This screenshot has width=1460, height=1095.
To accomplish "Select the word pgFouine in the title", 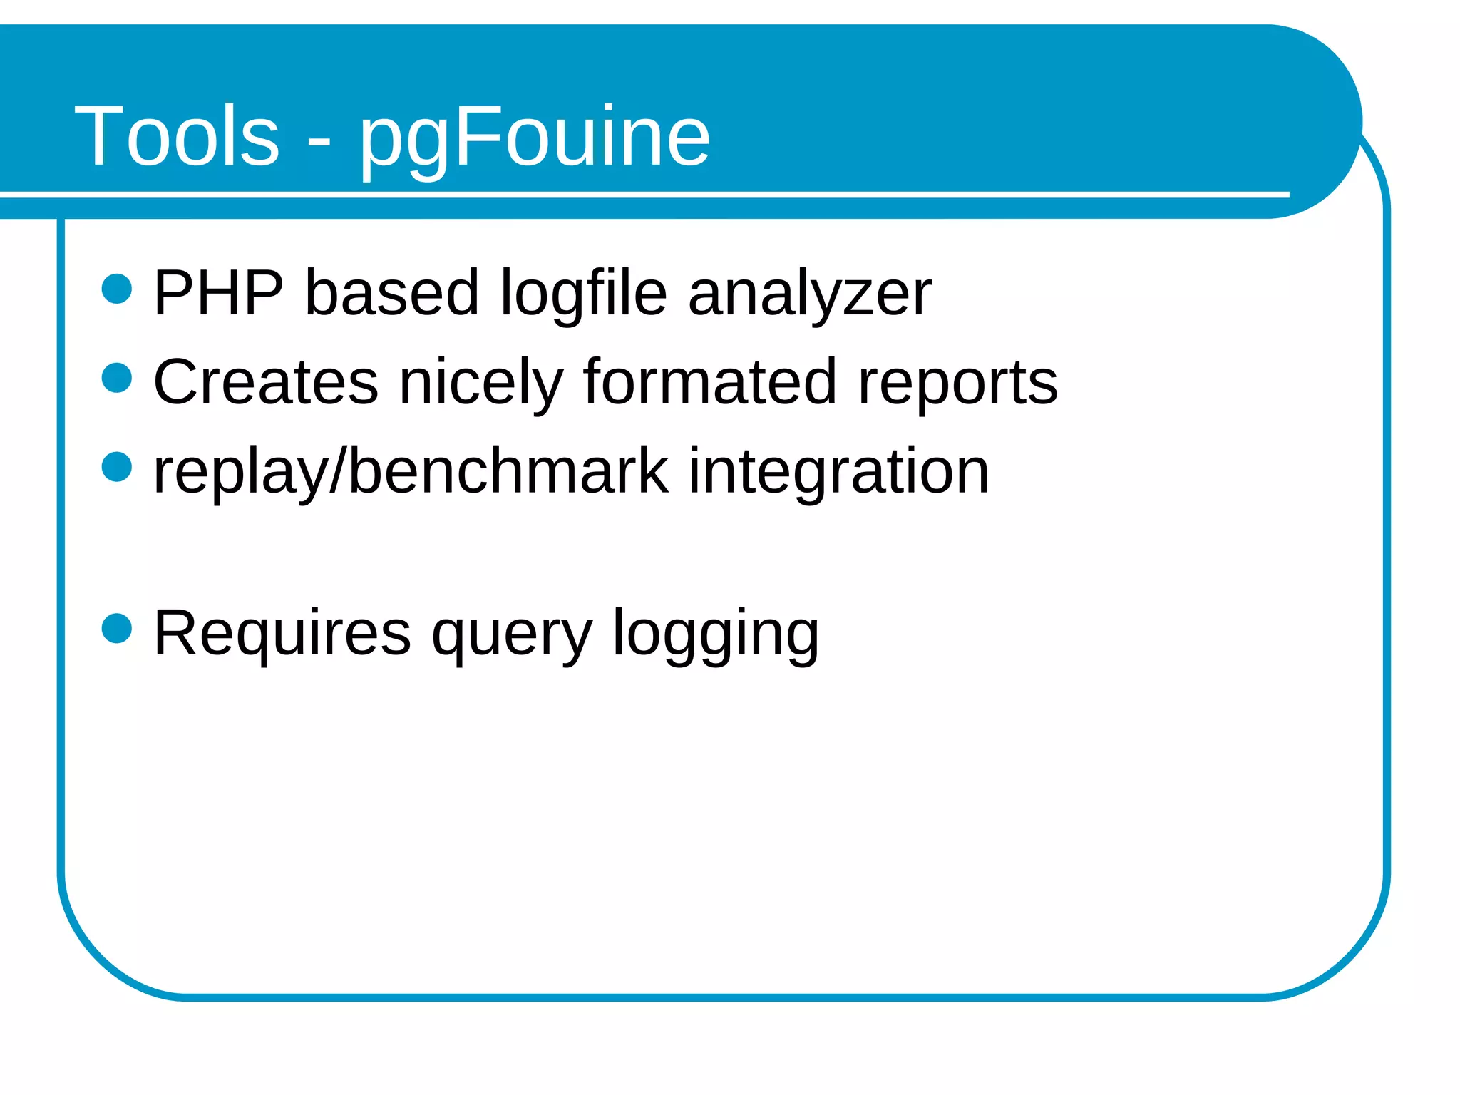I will click(534, 139).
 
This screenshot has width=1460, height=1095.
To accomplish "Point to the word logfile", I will click(583, 294).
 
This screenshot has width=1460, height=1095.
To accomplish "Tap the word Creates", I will click(265, 382).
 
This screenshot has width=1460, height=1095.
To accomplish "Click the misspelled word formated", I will click(709, 382).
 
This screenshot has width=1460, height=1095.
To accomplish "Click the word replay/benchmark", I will click(411, 472).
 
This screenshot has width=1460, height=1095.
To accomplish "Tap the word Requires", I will click(282, 633).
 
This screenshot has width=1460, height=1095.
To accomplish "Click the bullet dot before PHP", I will click(117, 289).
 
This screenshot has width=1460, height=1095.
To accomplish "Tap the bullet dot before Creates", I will click(117, 378).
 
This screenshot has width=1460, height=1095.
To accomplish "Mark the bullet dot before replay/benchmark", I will click(117, 467).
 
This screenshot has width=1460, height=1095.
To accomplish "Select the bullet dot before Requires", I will click(117, 629).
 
